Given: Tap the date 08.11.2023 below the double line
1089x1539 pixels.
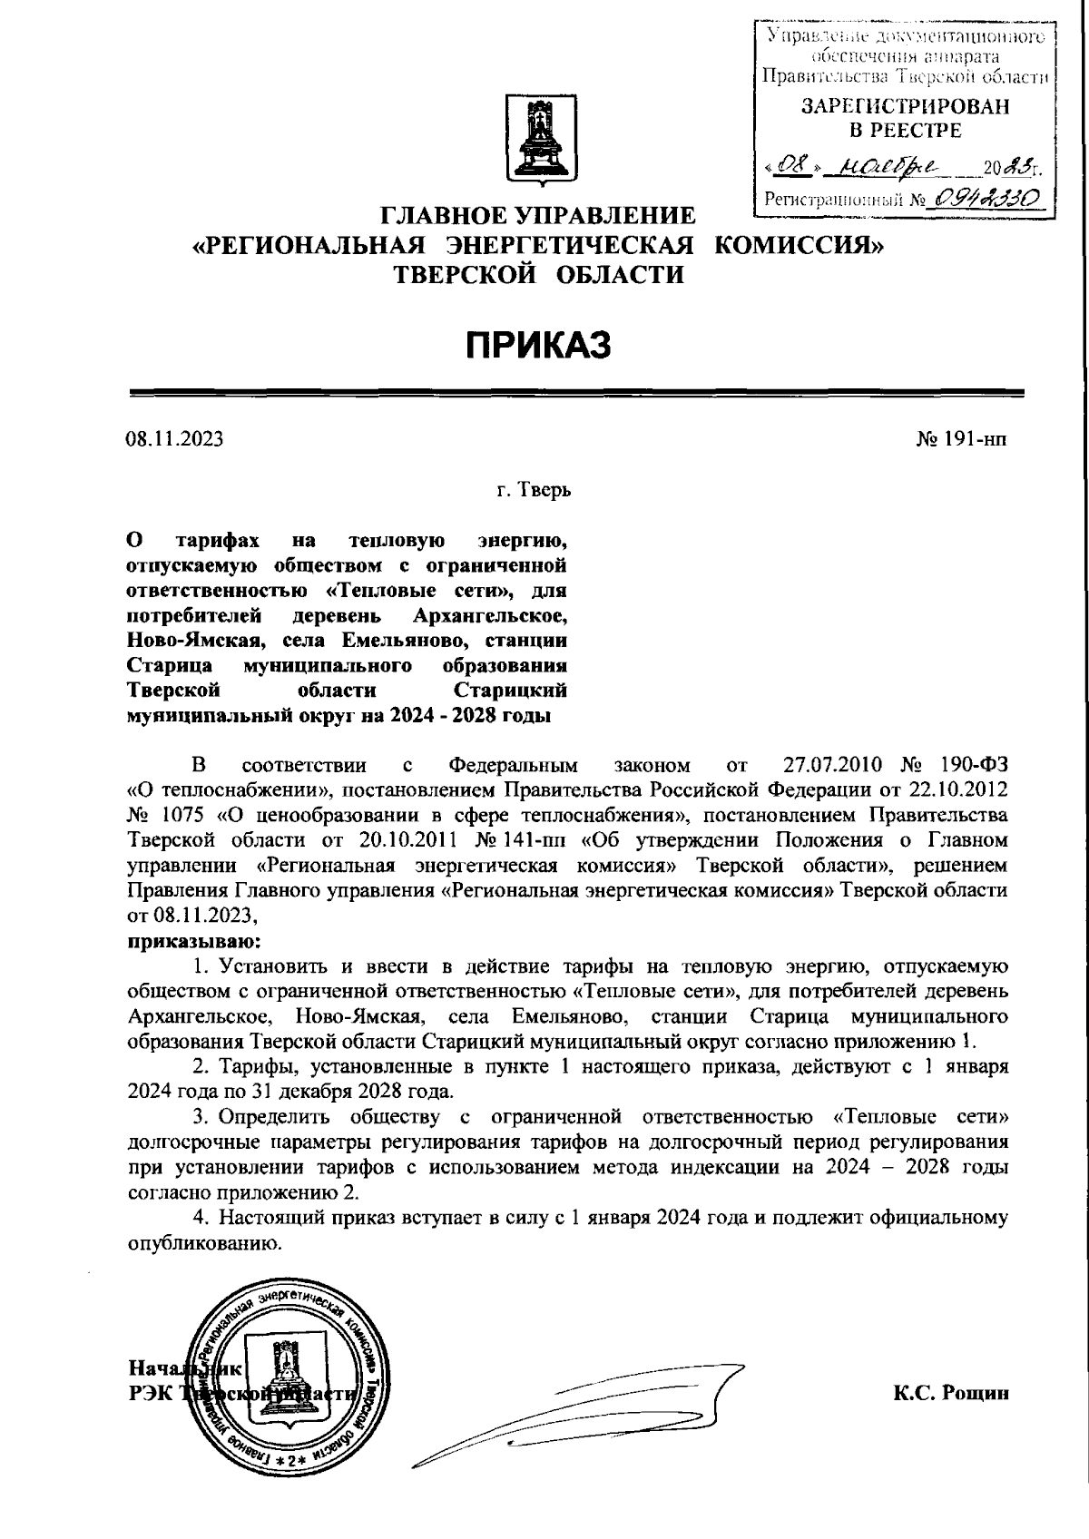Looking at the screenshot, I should pyautogui.click(x=174, y=440).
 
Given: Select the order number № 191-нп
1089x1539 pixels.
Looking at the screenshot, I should pyautogui.click(x=962, y=440).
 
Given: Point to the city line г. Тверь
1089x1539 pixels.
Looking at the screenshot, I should pyautogui.click(x=534, y=491).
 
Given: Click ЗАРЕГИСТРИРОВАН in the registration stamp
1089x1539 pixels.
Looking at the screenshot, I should pyautogui.click(x=904, y=107).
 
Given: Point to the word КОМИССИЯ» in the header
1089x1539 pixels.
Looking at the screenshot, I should pyautogui.click(x=797, y=245).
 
